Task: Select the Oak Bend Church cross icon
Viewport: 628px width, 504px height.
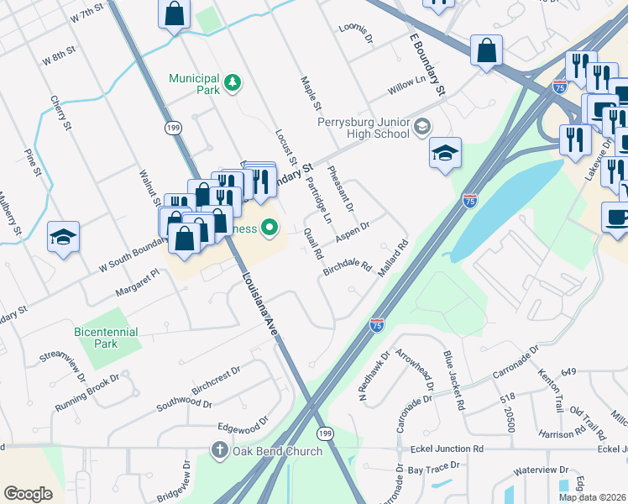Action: pos(220,451)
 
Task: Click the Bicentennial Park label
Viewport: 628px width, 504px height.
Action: pos(106,338)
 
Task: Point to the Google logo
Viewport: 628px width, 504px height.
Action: pos(28,493)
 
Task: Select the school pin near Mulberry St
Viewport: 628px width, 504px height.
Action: pos(63,237)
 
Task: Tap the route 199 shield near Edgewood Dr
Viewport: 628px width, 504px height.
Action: pos(324,432)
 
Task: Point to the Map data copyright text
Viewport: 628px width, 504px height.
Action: pos(592,497)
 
